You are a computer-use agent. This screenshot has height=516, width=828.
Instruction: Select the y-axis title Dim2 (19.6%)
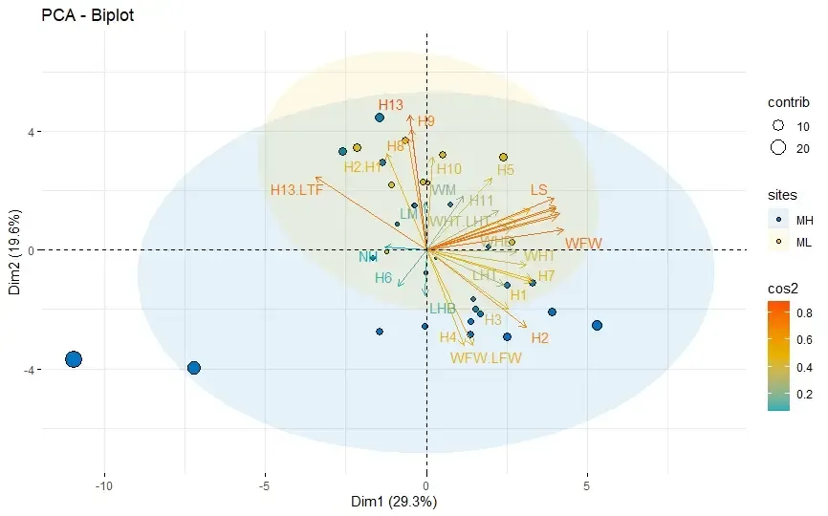point(15,249)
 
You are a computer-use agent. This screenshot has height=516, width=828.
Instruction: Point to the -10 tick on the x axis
point(104,484)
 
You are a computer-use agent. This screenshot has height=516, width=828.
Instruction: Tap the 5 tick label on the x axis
point(586,484)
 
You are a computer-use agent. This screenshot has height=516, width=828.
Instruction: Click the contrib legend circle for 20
point(778,147)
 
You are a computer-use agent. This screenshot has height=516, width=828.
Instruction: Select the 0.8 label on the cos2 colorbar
point(806,312)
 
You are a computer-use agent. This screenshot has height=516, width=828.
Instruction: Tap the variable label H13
point(390,105)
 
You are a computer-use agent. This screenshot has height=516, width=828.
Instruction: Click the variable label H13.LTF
point(296,190)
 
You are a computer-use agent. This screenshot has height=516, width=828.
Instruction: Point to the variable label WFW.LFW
point(485,358)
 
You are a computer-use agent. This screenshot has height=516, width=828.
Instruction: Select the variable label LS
point(538,190)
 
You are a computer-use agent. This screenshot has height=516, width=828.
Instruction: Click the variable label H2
point(540,338)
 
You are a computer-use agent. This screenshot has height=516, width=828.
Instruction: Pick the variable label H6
point(383,278)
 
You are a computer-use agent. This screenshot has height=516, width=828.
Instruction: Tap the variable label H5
point(506,170)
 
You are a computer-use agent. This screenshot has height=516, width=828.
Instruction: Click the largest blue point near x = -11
point(74,359)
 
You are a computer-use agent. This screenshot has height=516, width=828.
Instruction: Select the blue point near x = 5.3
point(597,326)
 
